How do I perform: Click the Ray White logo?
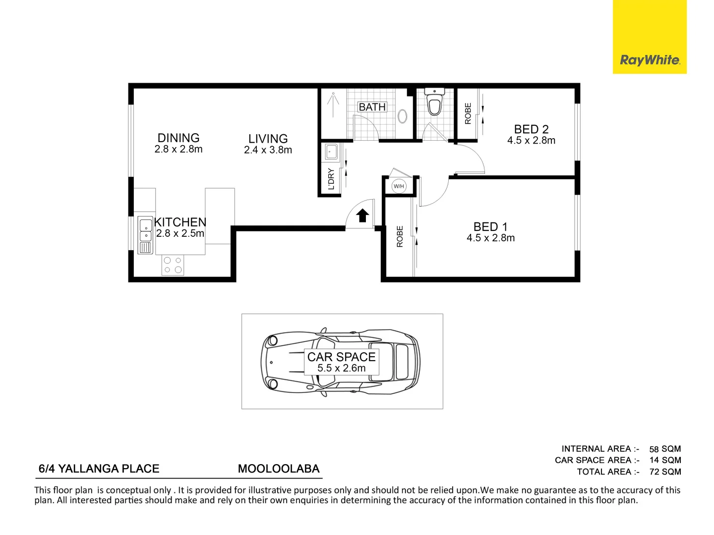coord(649,37)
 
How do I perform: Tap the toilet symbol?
coord(434,102)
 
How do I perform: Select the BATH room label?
coord(372,107)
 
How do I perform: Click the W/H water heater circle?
coord(399,186)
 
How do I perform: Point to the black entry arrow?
coord(362,215)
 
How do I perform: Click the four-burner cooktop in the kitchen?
coord(173,265)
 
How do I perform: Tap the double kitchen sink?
coord(145,235)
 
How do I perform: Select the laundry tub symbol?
coord(332,152)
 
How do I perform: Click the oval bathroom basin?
coord(403,116)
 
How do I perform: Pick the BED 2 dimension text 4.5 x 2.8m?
coord(531,140)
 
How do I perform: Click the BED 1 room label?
coord(490,226)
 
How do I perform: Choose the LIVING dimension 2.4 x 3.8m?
coord(268,150)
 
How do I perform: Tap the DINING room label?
coord(178,138)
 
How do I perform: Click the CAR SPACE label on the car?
coord(341,357)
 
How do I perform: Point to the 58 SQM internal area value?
coord(665,449)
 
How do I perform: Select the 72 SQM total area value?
coord(665,472)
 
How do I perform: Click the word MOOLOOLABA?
coord(279,469)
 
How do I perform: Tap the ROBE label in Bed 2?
coord(468,113)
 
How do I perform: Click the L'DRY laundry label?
coord(331,179)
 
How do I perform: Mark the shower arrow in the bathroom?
coord(333,105)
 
